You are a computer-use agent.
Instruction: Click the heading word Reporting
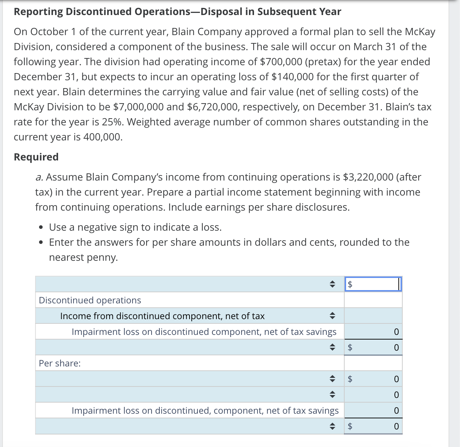coord(38,11)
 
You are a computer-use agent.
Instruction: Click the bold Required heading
coord(36,157)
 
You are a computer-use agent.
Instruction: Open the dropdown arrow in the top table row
coord(332,284)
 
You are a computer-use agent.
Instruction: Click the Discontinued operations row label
coord(90,300)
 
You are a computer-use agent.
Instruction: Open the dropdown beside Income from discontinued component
coord(332,316)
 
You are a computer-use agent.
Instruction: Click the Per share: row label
coord(60,363)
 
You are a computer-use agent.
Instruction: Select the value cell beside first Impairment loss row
coord(373,332)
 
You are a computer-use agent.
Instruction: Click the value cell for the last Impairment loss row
coord(373,410)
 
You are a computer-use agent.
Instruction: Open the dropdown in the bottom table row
coord(332,426)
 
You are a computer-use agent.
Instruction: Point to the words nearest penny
coord(83,257)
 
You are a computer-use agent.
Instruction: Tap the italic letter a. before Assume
coord(39,177)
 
